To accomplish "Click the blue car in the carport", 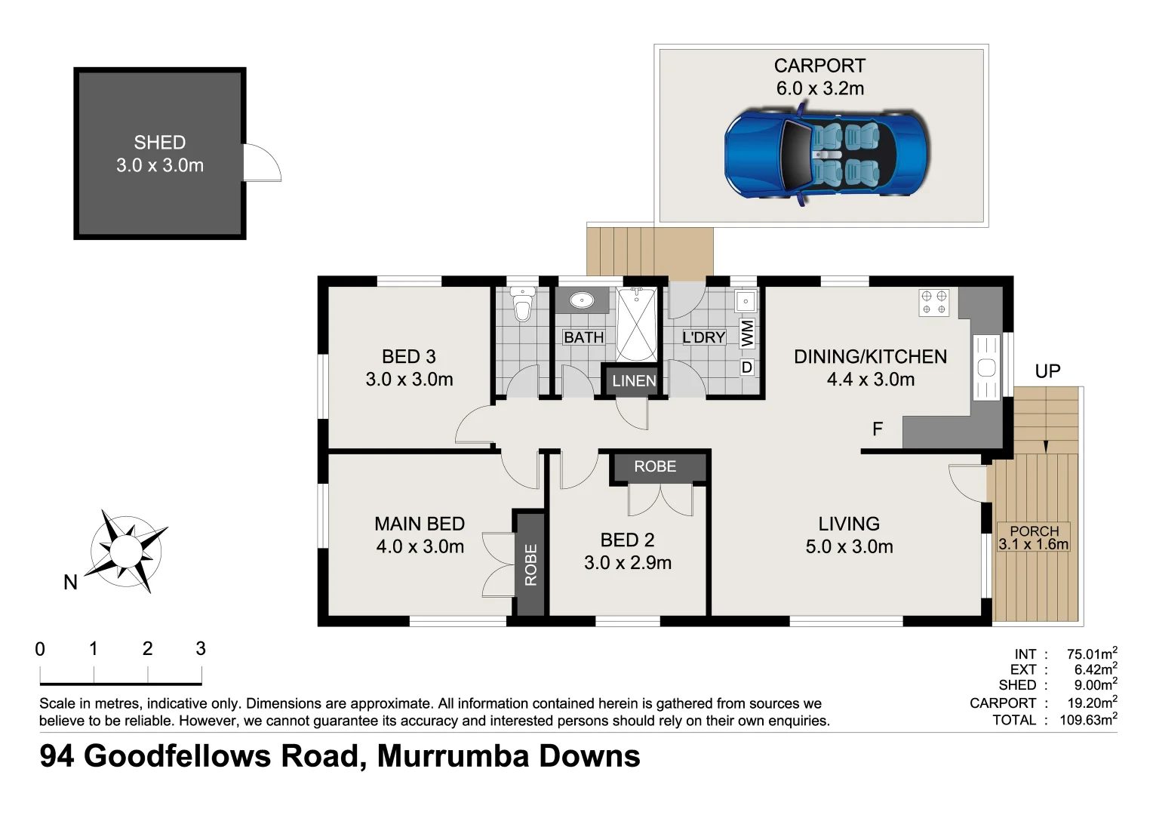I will click(x=827, y=155).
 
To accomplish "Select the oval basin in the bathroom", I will click(x=582, y=300).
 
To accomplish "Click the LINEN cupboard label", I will click(x=634, y=381).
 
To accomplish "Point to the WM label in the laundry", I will click(x=747, y=334).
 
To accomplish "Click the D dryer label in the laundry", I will click(x=747, y=368).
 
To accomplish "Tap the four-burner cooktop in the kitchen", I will click(x=933, y=303).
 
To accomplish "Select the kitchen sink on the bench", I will click(x=986, y=368).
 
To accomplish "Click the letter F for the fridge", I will click(x=878, y=429).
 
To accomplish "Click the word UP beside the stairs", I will click(x=1047, y=371).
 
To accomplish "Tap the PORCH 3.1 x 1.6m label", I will click(x=1034, y=538).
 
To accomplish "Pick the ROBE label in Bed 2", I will click(x=655, y=467).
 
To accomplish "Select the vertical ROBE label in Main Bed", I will click(x=530, y=564).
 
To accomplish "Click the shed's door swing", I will click(x=261, y=163).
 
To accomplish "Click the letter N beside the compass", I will click(x=70, y=583).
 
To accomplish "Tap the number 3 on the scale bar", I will click(x=201, y=648).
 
